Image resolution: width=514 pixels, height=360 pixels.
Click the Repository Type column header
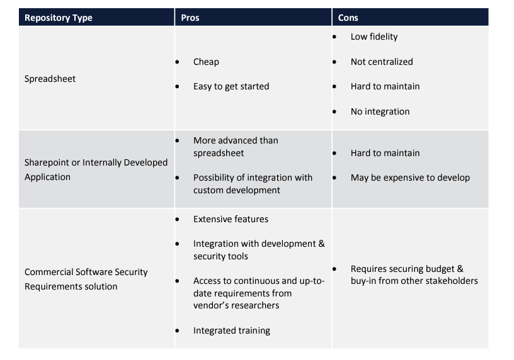59,18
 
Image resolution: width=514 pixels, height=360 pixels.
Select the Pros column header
190,18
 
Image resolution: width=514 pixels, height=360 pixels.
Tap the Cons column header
348,18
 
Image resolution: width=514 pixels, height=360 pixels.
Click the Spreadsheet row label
50,79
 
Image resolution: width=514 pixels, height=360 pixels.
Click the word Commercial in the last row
49,272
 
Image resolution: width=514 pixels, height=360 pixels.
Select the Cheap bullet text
206,62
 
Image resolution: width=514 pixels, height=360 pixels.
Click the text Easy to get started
231,86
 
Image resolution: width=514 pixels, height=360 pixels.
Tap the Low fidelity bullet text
374,37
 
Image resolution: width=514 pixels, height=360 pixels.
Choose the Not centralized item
382,62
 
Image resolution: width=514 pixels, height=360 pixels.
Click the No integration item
380,111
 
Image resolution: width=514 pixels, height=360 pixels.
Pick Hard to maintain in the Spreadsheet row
385,86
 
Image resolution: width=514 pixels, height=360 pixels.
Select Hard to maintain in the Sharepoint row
385,153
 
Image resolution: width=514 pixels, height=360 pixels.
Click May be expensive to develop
410,178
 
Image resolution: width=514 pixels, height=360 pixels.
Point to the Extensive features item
231,219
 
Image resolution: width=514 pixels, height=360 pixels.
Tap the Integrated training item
232,330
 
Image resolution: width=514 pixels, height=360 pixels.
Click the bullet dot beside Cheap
178,62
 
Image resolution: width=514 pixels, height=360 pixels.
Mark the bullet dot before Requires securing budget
334,269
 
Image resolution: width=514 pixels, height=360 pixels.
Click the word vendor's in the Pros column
208,306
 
